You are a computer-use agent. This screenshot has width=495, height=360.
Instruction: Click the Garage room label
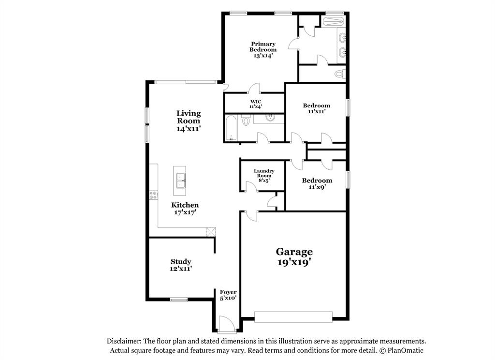coord(294,257)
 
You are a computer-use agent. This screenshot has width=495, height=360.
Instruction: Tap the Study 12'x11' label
coord(180,265)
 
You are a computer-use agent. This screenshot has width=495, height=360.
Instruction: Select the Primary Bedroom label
coord(263,49)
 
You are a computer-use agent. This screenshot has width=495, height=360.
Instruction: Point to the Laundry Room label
coord(264,175)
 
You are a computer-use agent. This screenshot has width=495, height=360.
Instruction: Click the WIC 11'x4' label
coord(256,104)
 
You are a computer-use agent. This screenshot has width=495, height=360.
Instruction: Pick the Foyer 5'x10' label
coord(228,295)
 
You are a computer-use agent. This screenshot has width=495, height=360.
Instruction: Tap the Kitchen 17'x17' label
coord(185,208)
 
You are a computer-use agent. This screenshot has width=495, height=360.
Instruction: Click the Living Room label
coord(188,121)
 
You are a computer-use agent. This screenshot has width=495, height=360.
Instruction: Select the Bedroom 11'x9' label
coord(317,183)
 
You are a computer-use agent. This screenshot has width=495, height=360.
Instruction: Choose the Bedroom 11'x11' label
coord(317,108)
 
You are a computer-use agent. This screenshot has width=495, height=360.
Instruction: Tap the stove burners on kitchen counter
coord(154,195)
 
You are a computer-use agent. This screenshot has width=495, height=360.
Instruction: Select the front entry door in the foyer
coord(226,324)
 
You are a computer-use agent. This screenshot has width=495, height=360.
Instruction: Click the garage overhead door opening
coord(293,317)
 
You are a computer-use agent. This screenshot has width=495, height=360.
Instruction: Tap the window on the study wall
coord(178,300)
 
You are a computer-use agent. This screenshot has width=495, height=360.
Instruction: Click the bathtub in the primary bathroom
coord(333,21)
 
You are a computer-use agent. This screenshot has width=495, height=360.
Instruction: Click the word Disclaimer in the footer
coord(123,341)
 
